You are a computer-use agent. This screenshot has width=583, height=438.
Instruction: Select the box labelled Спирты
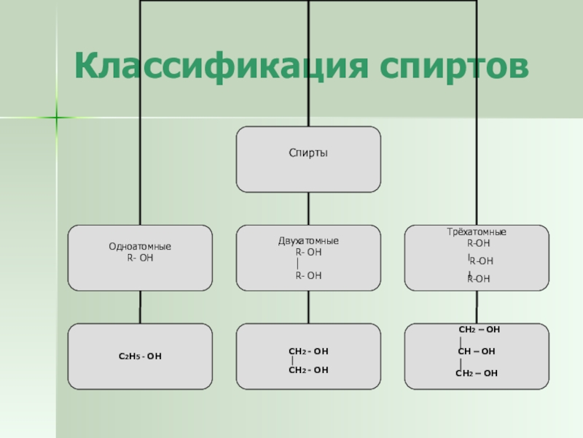pos(308,159)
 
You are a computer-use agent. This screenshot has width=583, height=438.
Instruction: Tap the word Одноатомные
pos(140,247)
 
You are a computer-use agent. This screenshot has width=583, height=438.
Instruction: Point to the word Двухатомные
pos(308,241)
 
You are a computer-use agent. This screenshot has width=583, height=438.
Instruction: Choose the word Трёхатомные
pos(477,232)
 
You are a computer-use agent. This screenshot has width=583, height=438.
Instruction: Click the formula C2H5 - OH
pos(140,356)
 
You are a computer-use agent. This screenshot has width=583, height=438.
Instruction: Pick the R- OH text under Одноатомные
pos(140,258)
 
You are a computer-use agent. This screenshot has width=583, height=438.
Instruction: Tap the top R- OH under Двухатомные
pos(308,252)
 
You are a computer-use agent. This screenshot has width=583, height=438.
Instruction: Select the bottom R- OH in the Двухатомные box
pos(308,275)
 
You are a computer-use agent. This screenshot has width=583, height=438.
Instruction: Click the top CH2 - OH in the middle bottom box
pos(309,351)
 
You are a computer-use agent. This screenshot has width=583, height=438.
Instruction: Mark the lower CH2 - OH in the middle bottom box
pos(309,370)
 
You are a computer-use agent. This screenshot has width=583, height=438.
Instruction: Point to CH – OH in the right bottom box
pos(477,351)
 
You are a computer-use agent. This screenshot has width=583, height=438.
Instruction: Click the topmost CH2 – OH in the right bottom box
pos(479,330)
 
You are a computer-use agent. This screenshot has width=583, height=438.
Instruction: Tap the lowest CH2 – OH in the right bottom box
pos(477,373)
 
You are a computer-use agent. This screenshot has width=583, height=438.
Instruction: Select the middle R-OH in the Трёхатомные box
pos(481,261)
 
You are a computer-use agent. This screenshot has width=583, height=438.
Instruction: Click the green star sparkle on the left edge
pos(56,116)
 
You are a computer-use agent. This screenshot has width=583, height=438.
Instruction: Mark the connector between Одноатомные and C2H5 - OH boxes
pos(140,307)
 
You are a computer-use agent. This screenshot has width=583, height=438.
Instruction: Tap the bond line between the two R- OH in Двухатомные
pos(299,264)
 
